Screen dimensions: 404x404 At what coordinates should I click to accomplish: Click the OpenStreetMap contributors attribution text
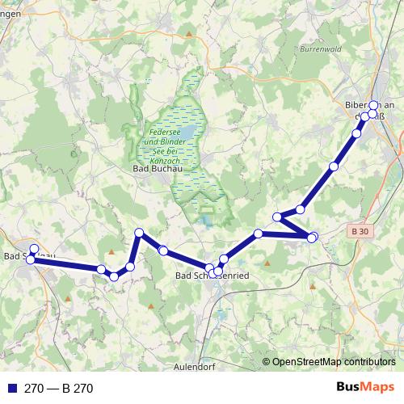pyautogui.click(x=334, y=361)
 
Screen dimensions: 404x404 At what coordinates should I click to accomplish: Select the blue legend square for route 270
pyautogui.click(x=11, y=388)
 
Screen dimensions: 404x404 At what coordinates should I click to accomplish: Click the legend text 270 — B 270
pyautogui.click(x=58, y=388)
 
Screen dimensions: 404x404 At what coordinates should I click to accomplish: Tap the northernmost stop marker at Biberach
pyautogui.click(x=373, y=105)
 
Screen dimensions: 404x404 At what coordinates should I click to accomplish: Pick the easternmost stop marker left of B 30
pyautogui.click(x=314, y=236)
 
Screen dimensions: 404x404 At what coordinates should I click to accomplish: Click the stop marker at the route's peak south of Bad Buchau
pyautogui.click(x=139, y=233)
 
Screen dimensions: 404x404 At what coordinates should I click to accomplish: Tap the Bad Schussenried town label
pyautogui.click(x=213, y=276)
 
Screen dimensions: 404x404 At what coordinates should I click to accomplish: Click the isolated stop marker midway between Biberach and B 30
pyautogui.click(x=334, y=166)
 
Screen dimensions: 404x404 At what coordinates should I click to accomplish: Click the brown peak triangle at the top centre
pyautogui.click(x=189, y=34)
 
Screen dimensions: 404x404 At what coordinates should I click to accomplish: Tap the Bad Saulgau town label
pyautogui.click(x=29, y=257)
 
